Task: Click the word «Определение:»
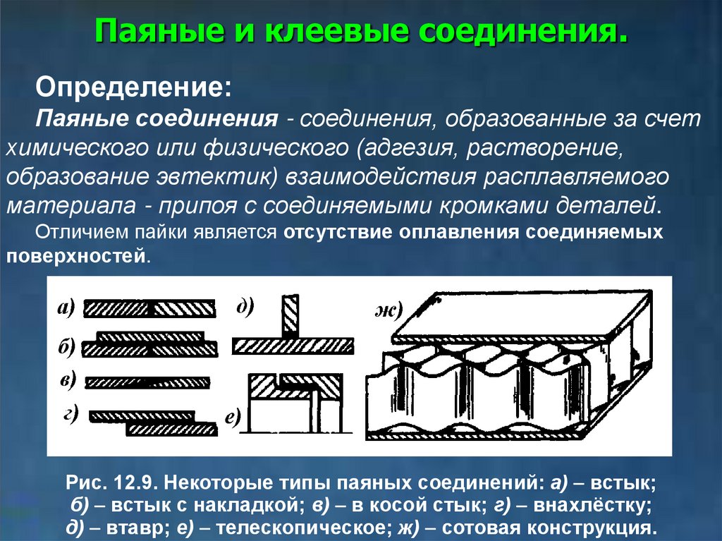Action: click(133, 87)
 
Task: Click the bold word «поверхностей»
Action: click(76, 255)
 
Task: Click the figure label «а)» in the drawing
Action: click(66, 308)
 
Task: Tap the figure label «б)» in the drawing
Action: click(67, 347)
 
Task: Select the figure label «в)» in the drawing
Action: click(68, 381)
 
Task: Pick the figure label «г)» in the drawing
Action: click(71, 414)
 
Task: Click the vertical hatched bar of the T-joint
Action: click(290, 316)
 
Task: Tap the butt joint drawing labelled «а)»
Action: click(149, 309)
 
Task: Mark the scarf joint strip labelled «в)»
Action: click(147, 382)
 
